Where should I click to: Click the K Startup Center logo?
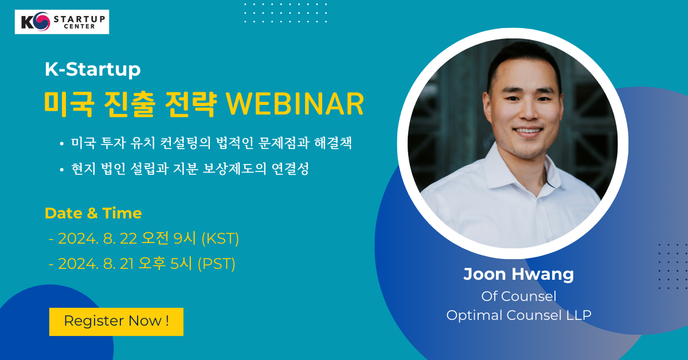[x=62, y=22]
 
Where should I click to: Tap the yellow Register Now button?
[x=116, y=322]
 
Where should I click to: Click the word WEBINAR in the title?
[x=295, y=104]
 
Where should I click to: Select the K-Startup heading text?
[x=92, y=69]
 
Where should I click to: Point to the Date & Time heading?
[x=93, y=213]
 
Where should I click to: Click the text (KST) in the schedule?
[x=220, y=238]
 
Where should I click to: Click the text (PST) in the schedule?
[x=217, y=264]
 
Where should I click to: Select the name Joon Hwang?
[x=518, y=274]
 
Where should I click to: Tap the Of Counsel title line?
[x=518, y=296]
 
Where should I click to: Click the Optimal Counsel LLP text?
[x=518, y=315]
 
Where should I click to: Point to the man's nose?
[x=529, y=111]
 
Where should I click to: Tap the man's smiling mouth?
[x=529, y=131]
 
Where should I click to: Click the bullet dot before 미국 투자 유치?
[x=62, y=143]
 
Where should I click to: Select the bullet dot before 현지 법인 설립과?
[x=62, y=169]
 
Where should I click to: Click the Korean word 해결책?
[x=333, y=143]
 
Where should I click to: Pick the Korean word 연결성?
[x=290, y=169]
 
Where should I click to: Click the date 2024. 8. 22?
[x=97, y=238]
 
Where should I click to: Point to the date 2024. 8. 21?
[x=96, y=264]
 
